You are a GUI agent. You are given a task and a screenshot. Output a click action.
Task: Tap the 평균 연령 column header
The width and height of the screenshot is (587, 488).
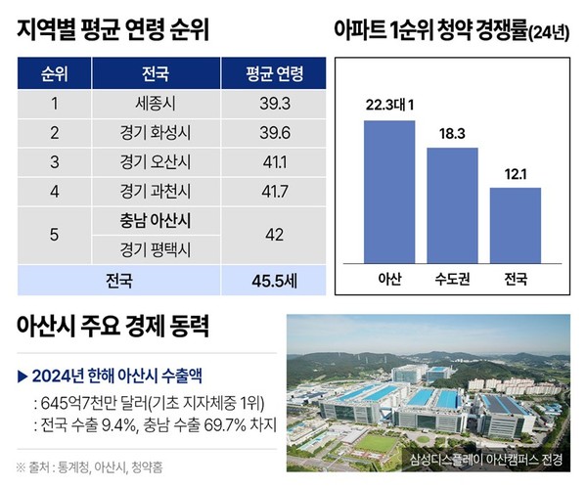261,72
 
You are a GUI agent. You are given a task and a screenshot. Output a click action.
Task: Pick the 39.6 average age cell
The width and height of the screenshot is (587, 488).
261,132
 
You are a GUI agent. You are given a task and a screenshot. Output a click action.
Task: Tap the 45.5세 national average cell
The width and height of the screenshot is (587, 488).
261,281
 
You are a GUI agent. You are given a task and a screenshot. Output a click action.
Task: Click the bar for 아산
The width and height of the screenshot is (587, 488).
389,188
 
